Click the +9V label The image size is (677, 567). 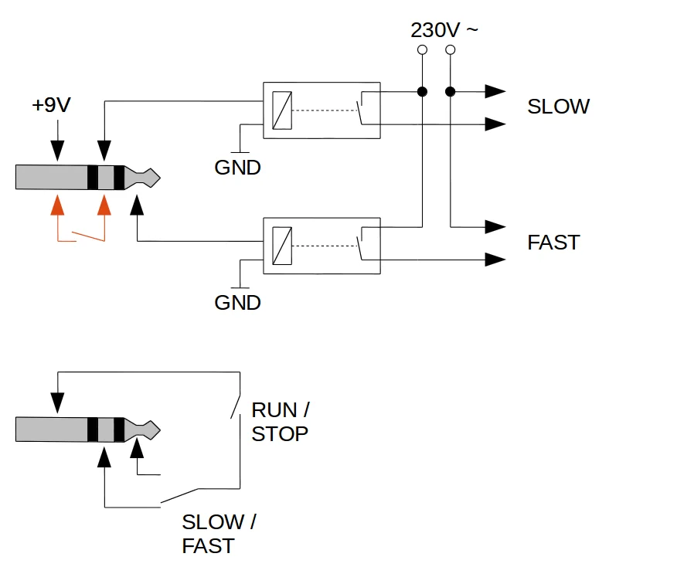point(51,105)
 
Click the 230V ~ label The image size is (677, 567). point(444,31)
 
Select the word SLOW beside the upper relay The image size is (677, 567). point(558,107)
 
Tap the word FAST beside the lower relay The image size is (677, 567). point(553,243)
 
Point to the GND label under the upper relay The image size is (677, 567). point(237,167)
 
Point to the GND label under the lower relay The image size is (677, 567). point(237,303)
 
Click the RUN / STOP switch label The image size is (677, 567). point(280,422)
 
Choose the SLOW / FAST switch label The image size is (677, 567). point(218,534)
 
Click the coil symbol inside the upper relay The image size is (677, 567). point(282,110)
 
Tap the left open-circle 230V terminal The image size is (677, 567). point(422,50)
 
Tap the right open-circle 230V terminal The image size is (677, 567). point(451,50)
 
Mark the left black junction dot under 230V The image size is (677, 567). point(422,92)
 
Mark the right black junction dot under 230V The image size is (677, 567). point(451,92)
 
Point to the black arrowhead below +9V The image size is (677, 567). point(56,152)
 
